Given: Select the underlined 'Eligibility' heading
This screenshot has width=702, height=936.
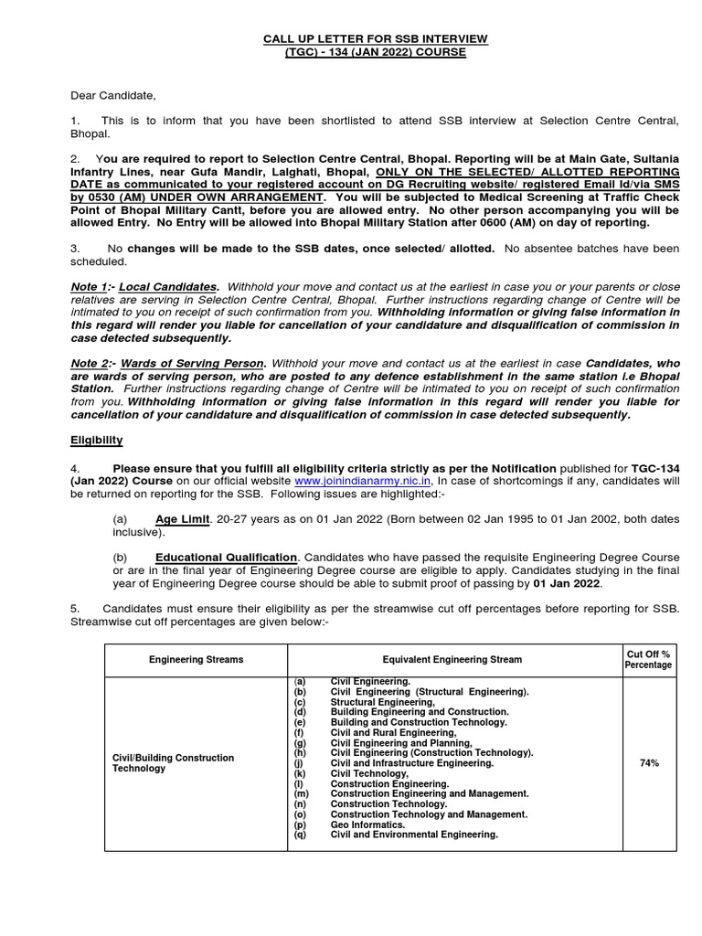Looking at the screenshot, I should pyautogui.click(x=97, y=440).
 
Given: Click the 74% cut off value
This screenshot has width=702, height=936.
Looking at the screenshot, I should pyautogui.click(x=648, y=761).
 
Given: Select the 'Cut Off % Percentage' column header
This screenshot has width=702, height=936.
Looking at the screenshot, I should pyautogui.click(x=648, y=659).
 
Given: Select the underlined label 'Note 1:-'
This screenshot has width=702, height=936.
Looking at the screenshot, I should pyautogui.click(x=91, y=287).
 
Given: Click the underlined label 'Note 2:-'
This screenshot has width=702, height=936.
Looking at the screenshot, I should pyautogui.click(x=91, y=363).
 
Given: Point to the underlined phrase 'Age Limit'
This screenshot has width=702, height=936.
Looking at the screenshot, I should pyautogui.click(x=183, y=519).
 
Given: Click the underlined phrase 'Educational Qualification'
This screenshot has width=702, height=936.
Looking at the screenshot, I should pyautogui.click(x=226, y=557).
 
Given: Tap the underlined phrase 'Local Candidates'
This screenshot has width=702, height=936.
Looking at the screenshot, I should pyautogui.click(x=167, y=287).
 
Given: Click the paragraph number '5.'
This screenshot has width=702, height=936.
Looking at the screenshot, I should pyautogui.click(x=76, y=609).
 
